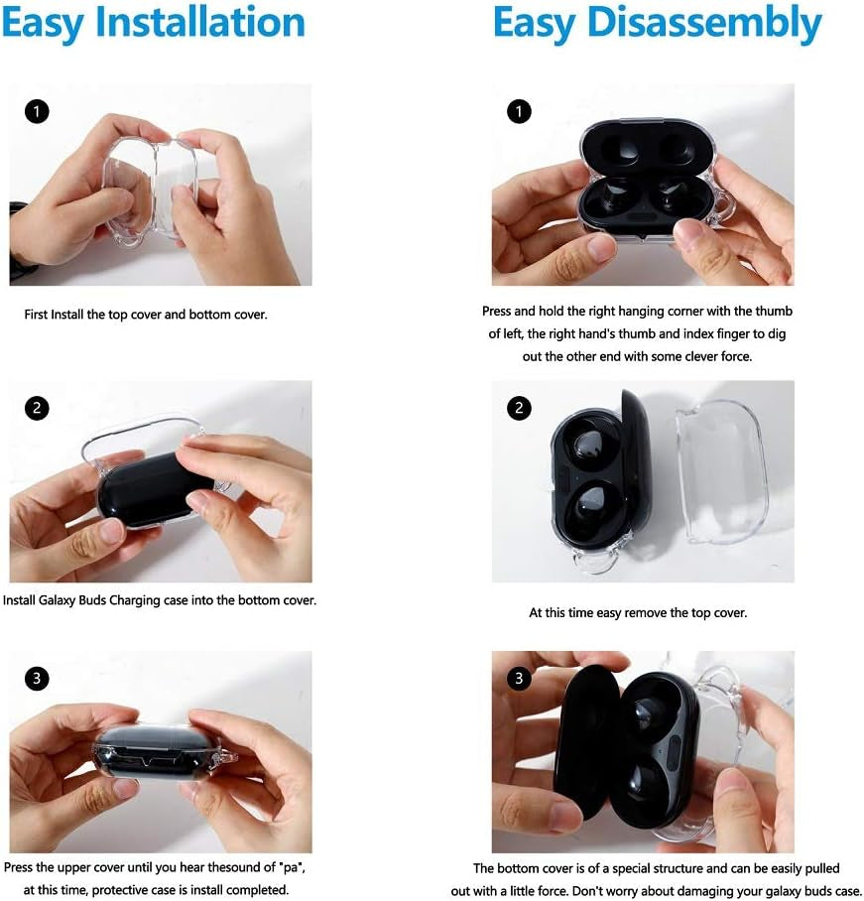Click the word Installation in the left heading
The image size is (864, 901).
point(200,23)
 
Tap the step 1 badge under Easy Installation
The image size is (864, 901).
point(37,111)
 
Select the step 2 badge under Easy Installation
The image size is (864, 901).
point(37,408)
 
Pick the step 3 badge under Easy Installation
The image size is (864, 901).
point(37,679)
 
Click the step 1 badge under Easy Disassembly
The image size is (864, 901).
point(519,111)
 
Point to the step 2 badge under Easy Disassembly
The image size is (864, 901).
point(519,408)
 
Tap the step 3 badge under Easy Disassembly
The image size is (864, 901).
point(519,679)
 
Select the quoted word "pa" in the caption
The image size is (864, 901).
point(292,867)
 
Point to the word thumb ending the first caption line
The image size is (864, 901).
point(773,311)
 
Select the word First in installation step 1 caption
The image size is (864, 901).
point(36,315)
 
